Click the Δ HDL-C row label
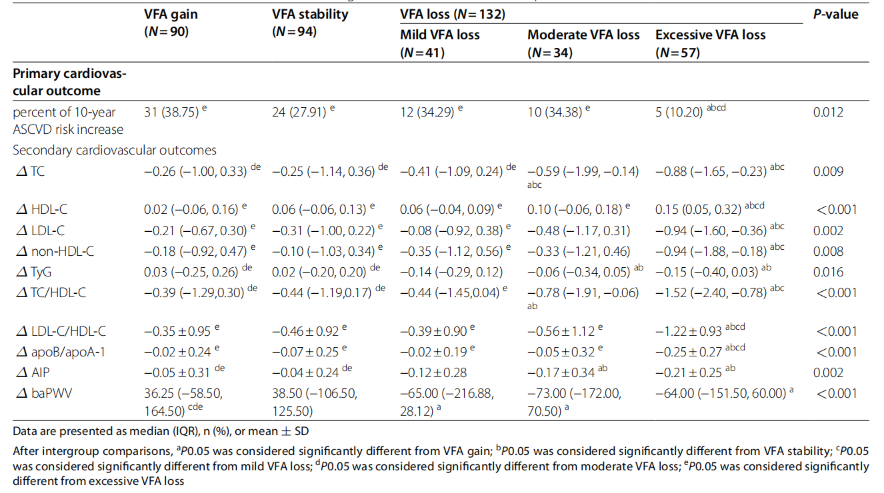point(40,210)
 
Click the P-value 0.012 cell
point(828,112)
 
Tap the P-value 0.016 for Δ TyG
point(828,272)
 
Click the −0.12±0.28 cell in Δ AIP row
point(433,373)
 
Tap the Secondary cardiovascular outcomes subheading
point(115,151)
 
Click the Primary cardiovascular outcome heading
point(69,82)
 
